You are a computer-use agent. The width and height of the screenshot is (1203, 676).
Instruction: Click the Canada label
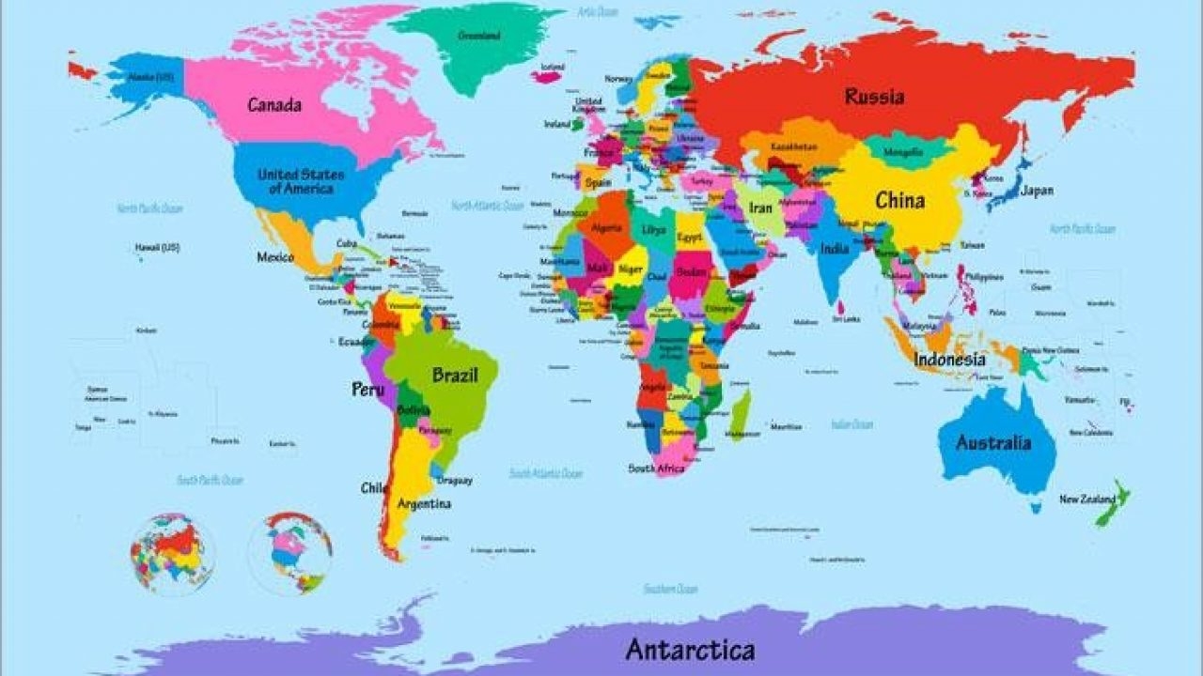tap(274, 105)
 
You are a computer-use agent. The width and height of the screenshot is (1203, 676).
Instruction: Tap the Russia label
tap(874, 97)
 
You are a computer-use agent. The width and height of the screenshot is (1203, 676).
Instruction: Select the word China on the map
tap(899, 200)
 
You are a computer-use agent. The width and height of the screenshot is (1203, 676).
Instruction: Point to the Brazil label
tap(455, 376)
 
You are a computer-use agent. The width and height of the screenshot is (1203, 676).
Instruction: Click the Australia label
tap(993, 443)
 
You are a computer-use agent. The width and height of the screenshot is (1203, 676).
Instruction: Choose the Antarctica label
tap(690, 649)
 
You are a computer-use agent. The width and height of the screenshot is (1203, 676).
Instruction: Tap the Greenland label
tap(478, 36)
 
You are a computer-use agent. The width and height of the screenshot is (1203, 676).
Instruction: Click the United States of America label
tap(301, 181)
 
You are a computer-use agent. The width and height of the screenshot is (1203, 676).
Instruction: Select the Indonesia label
tap(950, 360)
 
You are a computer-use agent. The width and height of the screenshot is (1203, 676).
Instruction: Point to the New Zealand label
tap(1087, 499)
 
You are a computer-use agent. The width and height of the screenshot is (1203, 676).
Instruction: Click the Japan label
tap(1037, 191)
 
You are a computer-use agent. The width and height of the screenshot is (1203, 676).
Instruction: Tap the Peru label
tap(367, 389)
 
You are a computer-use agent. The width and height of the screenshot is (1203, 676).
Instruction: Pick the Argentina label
tap(424, 504)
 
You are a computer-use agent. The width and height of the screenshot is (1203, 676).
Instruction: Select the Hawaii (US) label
tap(157, 248)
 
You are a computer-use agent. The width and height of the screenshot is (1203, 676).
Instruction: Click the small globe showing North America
tap(289, 553)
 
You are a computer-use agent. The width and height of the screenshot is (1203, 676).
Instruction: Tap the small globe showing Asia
tap(173, 553)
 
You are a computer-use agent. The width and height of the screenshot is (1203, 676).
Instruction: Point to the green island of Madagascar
tap(741, 415)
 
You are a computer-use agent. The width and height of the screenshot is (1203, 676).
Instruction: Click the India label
tap(834, 249)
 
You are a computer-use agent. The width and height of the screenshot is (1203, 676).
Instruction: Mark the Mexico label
tap(275, 257)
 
